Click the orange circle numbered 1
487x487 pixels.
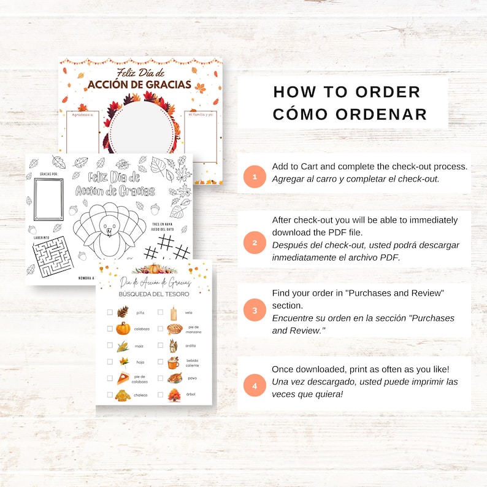[254, 176]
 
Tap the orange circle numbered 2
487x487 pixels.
[255, 242]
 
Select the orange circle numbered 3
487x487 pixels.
[255, 310]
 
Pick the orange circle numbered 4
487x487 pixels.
[255, 386]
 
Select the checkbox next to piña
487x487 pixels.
[110, 312]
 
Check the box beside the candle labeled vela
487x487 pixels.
[160, 312]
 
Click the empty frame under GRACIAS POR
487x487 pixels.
[48, 199]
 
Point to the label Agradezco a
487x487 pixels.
[83, 115]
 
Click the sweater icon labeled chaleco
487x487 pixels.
[123, 395]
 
